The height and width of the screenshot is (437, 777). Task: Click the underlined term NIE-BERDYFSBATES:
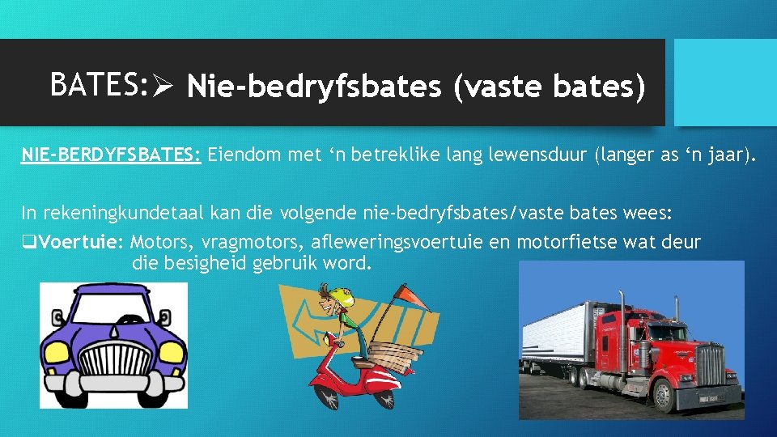[111, 155]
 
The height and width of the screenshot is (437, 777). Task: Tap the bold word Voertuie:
[81, 242]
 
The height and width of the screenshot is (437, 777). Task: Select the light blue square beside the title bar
[724, 83]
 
